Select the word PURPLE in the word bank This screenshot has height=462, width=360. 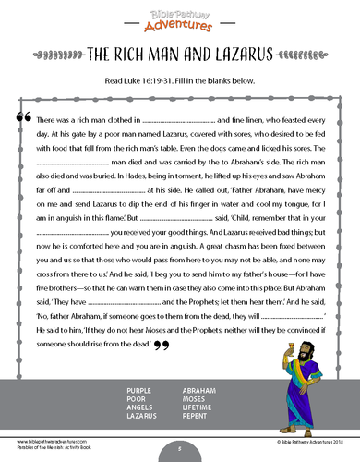138,391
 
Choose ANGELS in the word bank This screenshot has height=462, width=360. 138,407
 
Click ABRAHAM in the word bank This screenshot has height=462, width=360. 198,391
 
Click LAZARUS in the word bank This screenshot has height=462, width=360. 140,417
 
